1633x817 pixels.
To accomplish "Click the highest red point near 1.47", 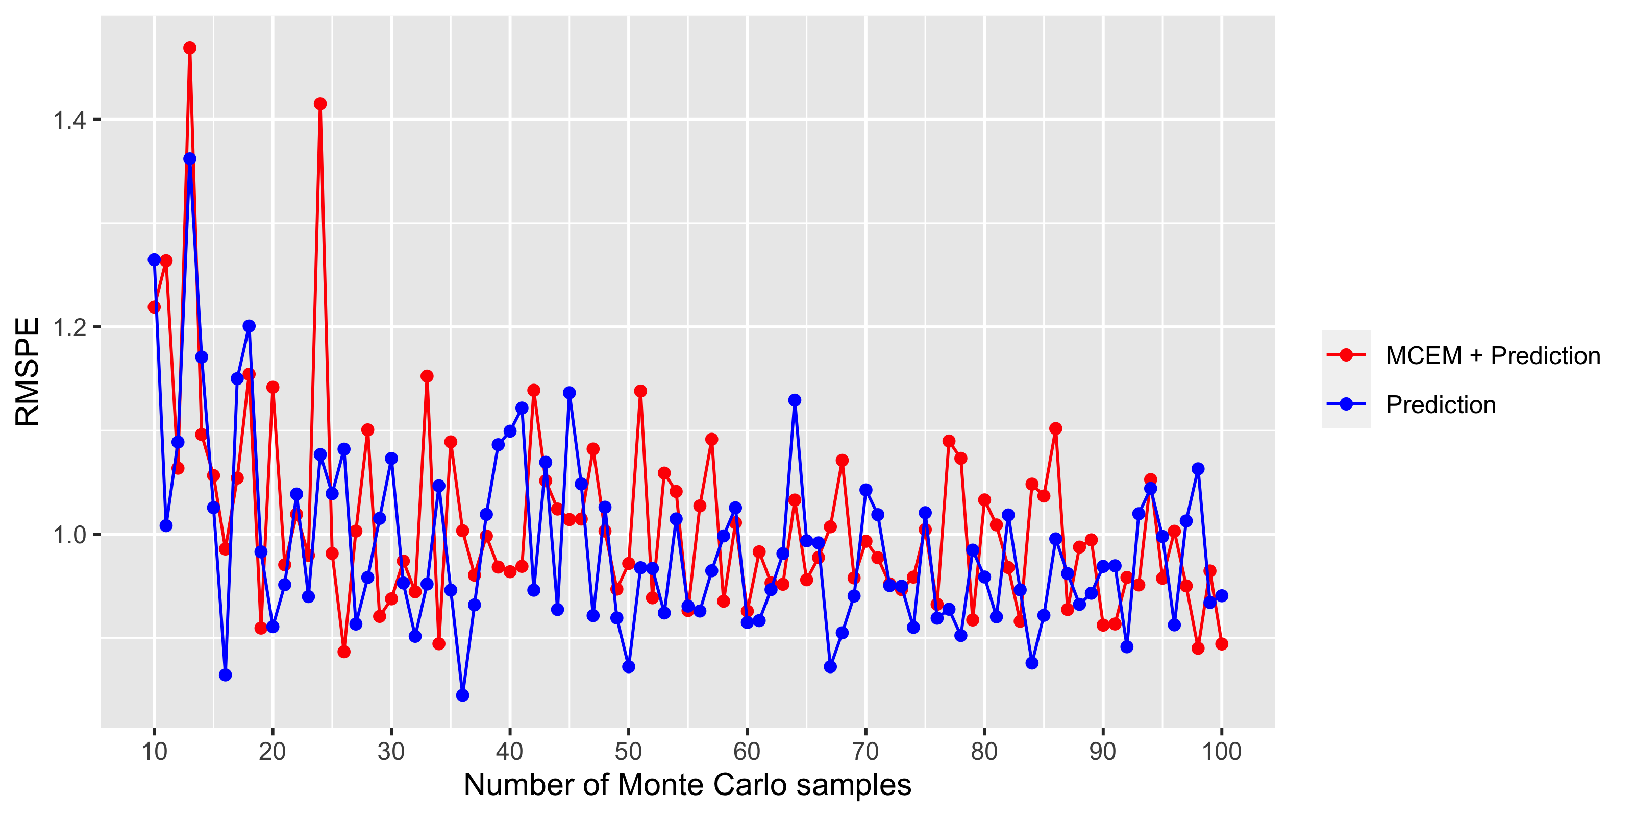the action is click(189, 48).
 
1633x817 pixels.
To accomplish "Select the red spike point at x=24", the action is click(320, 103).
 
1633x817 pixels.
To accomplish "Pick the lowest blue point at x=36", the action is click(463, 695).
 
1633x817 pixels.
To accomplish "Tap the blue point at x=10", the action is click(154, 260).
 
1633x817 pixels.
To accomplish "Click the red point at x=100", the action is click(1222, 644).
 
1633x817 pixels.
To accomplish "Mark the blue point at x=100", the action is click(1222, 595).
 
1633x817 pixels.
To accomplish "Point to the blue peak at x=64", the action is click(795, 400).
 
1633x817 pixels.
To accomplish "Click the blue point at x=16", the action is click(225, 675).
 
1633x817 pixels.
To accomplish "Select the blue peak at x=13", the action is click(189, 159).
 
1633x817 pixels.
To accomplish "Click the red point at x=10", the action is click(154, 307).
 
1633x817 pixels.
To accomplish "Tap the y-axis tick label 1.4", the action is click(69, 119).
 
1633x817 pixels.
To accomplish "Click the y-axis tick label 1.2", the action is click(69, 327).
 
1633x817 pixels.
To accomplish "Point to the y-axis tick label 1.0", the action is click(69, 535).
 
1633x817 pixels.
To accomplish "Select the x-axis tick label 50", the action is click(628, 752).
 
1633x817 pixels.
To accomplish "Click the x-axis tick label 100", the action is click(1222, 752).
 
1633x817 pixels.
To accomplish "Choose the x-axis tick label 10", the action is click(154, 752).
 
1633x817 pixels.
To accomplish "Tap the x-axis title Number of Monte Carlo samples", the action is click(687, 785).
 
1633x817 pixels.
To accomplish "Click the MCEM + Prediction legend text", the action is click(1493, 356).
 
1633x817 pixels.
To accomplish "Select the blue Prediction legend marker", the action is click(1345, 404).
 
